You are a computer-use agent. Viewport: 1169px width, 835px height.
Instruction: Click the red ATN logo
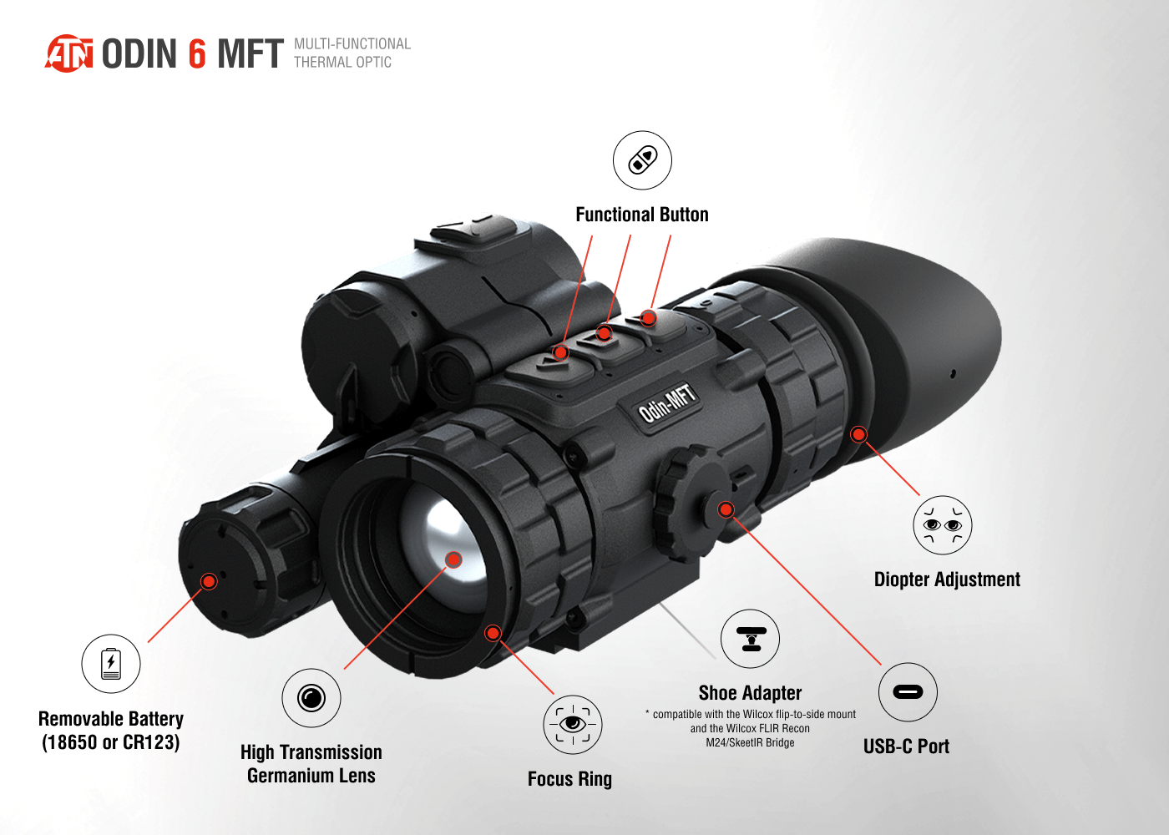[x=68, y=53]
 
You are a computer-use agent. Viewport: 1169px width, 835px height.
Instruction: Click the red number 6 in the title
[x=197, y=53]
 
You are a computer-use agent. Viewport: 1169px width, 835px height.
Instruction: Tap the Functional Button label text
[x=642, y=215]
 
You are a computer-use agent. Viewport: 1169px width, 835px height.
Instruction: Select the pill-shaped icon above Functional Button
[x=642, y=160]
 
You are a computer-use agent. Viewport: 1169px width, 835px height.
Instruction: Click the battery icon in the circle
[x=110, y=664]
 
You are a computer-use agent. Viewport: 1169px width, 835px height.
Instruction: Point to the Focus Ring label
[x=569, y=778]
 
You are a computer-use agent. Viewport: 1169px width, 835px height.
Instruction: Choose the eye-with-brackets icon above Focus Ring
[x=573, y=725]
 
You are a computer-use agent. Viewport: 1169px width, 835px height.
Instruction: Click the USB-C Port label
[x=906, y=746]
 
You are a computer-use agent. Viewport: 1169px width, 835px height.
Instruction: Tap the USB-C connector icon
[x=908, y=692]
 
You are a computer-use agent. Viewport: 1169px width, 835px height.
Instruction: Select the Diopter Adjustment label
[x=947, y=579]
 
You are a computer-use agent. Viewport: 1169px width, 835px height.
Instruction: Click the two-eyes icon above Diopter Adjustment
[x=943, y=524]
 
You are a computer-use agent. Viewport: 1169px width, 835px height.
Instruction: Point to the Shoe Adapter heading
[x=750, y=693]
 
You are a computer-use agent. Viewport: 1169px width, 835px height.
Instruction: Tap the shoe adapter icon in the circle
[x=751, y=639]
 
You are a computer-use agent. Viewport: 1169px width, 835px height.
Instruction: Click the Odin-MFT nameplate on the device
[x=667, y=403]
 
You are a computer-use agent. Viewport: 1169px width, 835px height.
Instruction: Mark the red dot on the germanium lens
[x=453, y=560]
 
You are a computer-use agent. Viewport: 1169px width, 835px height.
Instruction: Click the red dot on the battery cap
[x=210, y=581]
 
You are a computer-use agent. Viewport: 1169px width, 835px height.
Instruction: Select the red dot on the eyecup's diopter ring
[x=858, y=434]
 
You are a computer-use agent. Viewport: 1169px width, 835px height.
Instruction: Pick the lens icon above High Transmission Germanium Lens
[x=311, y=698]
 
